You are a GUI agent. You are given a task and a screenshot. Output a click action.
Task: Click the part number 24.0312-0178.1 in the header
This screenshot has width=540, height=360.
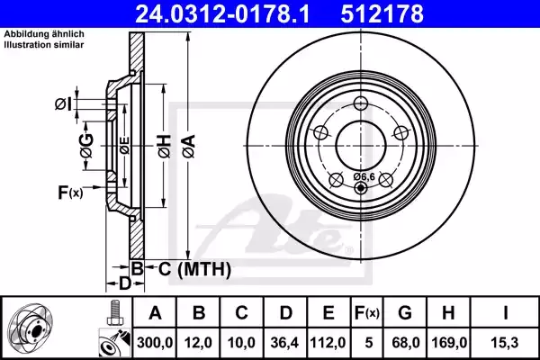[x=222, y=13]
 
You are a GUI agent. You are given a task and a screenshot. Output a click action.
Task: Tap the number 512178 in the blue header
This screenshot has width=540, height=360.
[x=382, y=13]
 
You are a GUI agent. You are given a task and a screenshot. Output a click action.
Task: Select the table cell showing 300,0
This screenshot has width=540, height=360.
[x=155, y=342]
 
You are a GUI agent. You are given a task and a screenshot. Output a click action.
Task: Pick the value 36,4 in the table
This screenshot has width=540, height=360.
[x=284, y=342]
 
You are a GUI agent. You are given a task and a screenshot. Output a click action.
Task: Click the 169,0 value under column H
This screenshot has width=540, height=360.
[x=449, y=342]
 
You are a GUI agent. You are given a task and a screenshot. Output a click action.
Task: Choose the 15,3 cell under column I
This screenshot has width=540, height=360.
[x=505, y=342]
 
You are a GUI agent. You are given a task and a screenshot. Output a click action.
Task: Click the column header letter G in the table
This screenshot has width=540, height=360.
[x=405, y=313]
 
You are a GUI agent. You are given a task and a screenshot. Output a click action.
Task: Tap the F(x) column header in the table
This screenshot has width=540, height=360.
[x=367, y=313]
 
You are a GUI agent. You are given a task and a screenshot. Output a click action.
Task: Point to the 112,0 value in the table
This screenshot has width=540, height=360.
[x=328, y=342]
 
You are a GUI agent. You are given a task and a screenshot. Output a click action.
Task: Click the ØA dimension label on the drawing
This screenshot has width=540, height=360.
[x=189, y=146]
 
